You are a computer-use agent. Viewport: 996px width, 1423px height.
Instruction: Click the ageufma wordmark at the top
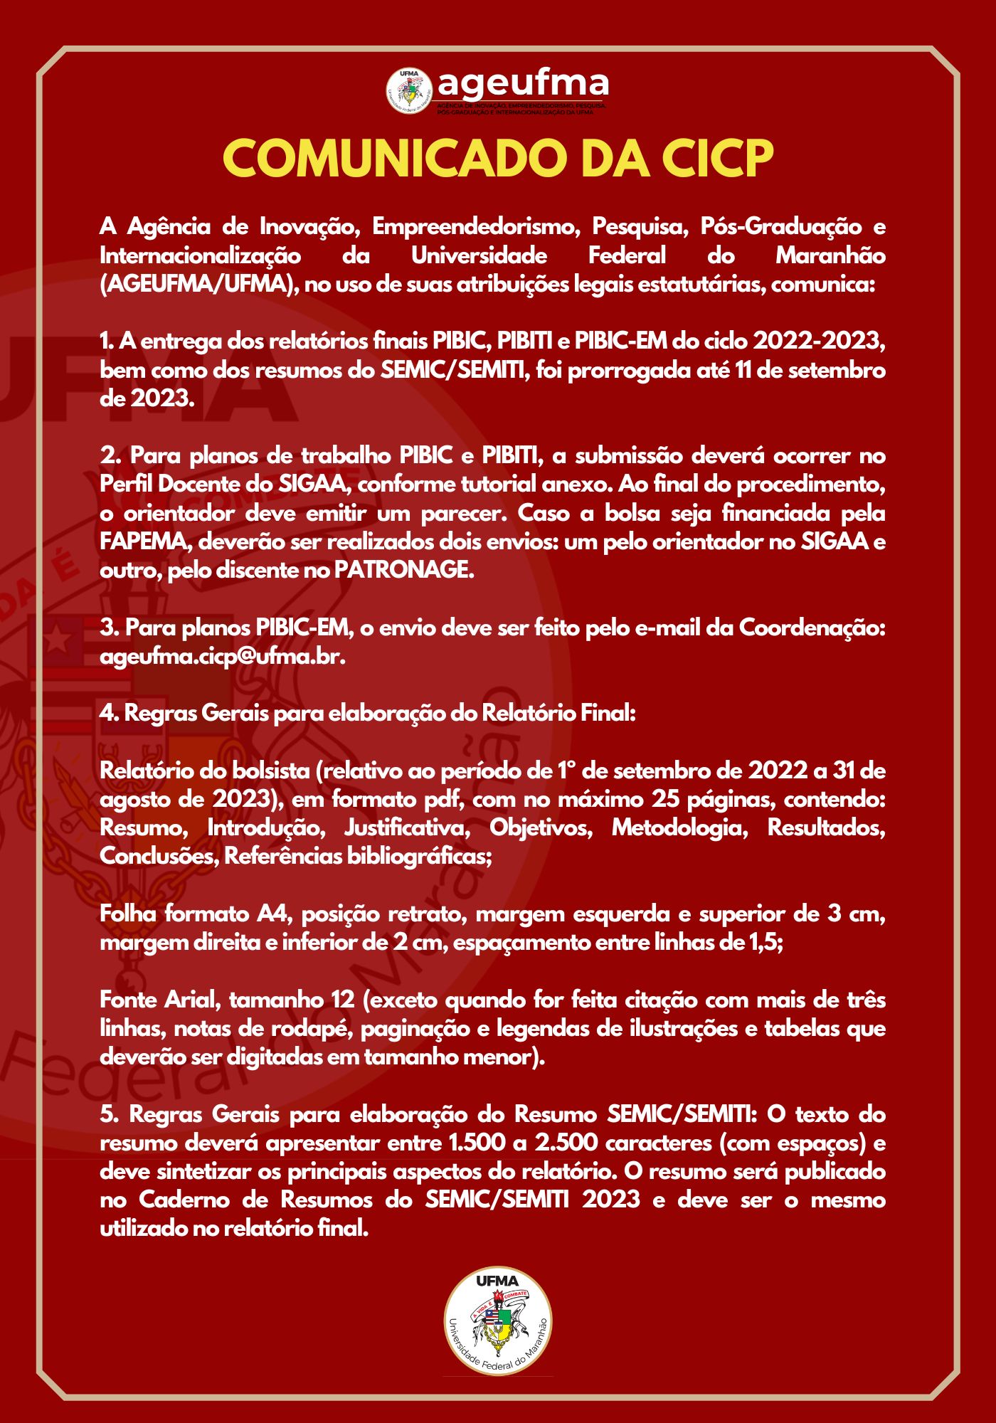pyautogui.click(x=523, y=83)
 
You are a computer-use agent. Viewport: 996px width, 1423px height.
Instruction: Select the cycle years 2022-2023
pyautogui.click(x=819, y=342)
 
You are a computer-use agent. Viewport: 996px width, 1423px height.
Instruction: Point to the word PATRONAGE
pyautogui.click(x=403, y=571)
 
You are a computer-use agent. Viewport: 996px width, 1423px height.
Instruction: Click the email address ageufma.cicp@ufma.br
pyautogui.click(x=222, y=657)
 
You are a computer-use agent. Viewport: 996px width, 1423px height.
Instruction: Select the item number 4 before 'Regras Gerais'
pyautogui.click(x=109, y=714)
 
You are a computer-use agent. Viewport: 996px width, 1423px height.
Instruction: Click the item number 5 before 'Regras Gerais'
pyautogui.click(x=109, y=1115)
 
